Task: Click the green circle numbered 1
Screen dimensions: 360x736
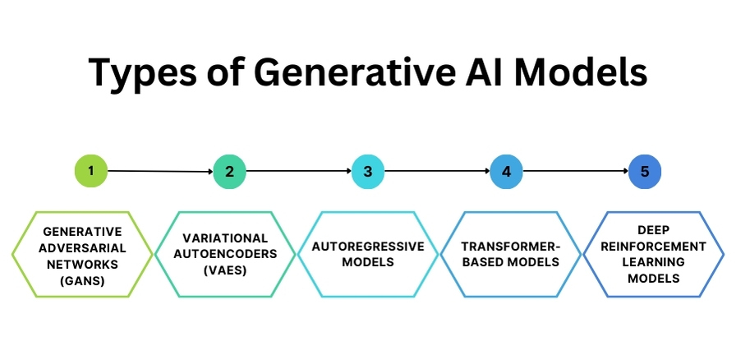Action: point(91,171)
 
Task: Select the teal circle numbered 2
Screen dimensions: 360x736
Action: point(229,172)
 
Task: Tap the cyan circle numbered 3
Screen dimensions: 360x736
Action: point(368,172)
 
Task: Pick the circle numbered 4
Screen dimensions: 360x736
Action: point(506,172)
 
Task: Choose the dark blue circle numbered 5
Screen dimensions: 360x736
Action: point(645,172)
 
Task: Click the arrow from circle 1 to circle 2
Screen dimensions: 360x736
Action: point(160,172)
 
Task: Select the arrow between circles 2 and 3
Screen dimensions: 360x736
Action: point(299,172)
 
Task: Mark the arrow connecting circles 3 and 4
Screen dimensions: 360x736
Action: point(437,172)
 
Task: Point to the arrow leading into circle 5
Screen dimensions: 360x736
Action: point(575,172)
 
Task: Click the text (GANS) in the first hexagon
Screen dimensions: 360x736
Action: point(82,279)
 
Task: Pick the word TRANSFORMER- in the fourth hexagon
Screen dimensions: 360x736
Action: point(506,246)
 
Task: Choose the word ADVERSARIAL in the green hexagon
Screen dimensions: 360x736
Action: point(82,247)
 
